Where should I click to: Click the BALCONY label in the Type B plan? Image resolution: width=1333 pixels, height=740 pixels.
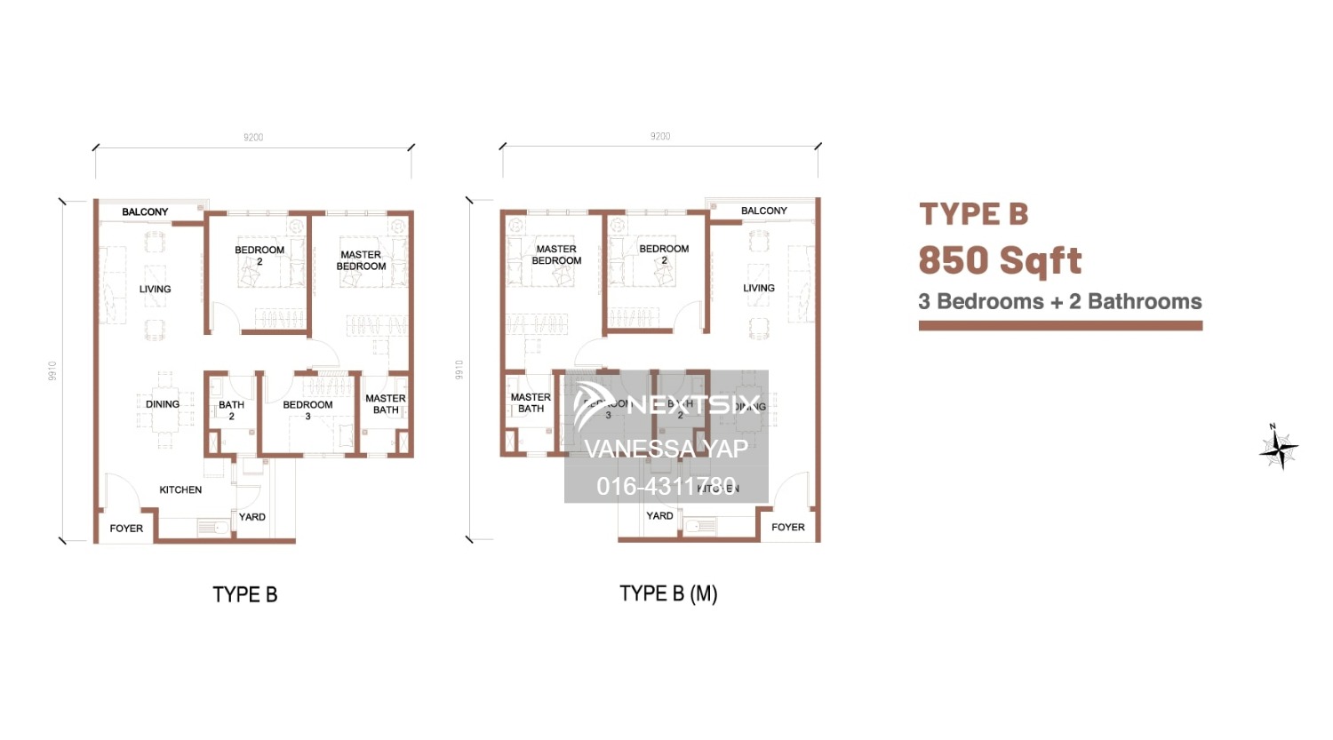[x=145, y=212]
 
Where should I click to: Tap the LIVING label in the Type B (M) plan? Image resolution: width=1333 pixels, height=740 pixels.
[x=759, y=288]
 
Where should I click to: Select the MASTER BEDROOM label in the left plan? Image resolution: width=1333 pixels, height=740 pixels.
[x=361, y=260]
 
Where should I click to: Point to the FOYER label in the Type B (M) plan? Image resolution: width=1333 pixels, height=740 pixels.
[x=787, y=528]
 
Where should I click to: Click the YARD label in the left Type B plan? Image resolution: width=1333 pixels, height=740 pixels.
[x=252, y=517]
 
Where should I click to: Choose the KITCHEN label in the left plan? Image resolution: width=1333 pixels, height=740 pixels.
[x=180, y=490]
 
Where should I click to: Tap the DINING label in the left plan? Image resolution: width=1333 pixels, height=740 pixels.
[x=163, y=404]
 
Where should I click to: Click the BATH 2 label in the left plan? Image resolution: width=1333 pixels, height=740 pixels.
[x=231, y=410]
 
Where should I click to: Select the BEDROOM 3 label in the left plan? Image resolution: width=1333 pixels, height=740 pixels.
[x=307, y=410]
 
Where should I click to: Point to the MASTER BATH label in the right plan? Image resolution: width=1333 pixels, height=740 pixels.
[x=531, y=403]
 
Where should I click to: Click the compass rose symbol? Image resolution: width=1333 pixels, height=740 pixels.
[x=1278, y=447]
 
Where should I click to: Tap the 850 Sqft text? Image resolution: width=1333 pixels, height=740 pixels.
[x=1000, y=261]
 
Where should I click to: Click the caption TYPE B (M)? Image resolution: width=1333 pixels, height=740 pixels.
[x=668, y=593]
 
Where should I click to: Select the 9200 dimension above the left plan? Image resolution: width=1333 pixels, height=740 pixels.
[x=253, y=138]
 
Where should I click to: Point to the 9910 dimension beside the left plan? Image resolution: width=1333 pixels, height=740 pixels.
[x=52, y=370]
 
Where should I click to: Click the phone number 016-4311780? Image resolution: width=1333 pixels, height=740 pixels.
[x=666, y=486]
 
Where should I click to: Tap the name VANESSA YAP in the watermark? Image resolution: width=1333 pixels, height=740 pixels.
[x=666, y=449]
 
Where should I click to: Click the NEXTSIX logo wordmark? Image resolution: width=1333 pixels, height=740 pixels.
[x=693, y=405]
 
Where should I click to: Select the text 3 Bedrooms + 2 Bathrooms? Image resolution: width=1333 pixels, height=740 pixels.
[x=1059, y=302]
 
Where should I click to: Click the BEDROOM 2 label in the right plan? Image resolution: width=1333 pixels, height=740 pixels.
[x=664, y=254]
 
